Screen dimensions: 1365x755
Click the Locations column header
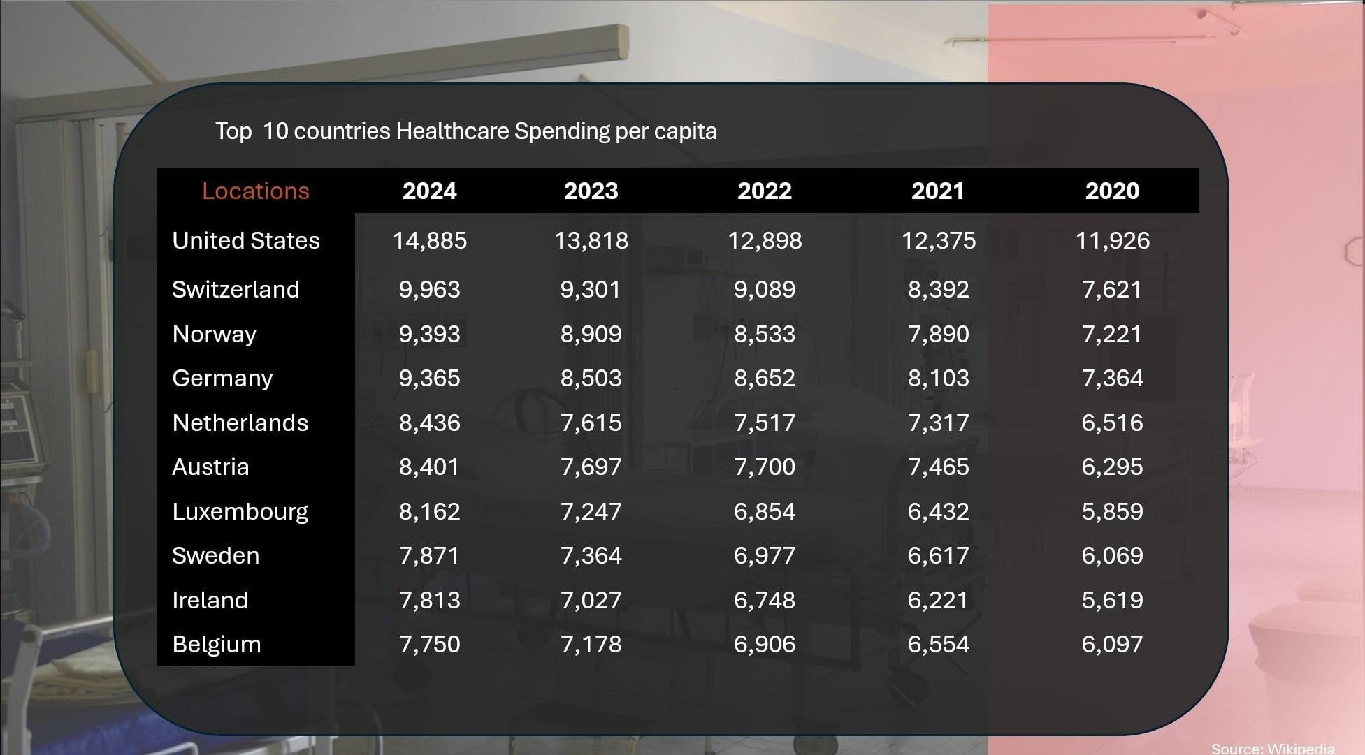255,191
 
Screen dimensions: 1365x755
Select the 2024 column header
429,191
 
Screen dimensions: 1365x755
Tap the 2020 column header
1112,191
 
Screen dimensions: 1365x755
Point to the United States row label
246,240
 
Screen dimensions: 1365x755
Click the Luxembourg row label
240,512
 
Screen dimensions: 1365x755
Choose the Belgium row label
217,645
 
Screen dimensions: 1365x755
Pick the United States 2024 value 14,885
429,241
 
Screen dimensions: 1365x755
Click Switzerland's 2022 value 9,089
765,290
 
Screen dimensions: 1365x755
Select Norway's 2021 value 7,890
938,335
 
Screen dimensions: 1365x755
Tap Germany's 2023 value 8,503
591,379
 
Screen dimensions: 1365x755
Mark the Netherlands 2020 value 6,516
1112,423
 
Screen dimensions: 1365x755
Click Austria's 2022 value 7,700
765,467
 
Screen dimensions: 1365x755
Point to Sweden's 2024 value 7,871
429,556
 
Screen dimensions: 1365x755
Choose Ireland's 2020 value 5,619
1112,601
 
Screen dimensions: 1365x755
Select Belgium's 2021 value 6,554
938,645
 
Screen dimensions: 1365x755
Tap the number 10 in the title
275,131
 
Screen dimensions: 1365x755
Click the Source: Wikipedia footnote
1273,749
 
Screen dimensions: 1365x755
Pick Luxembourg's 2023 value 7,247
591,512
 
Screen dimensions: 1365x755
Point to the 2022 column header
765,191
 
